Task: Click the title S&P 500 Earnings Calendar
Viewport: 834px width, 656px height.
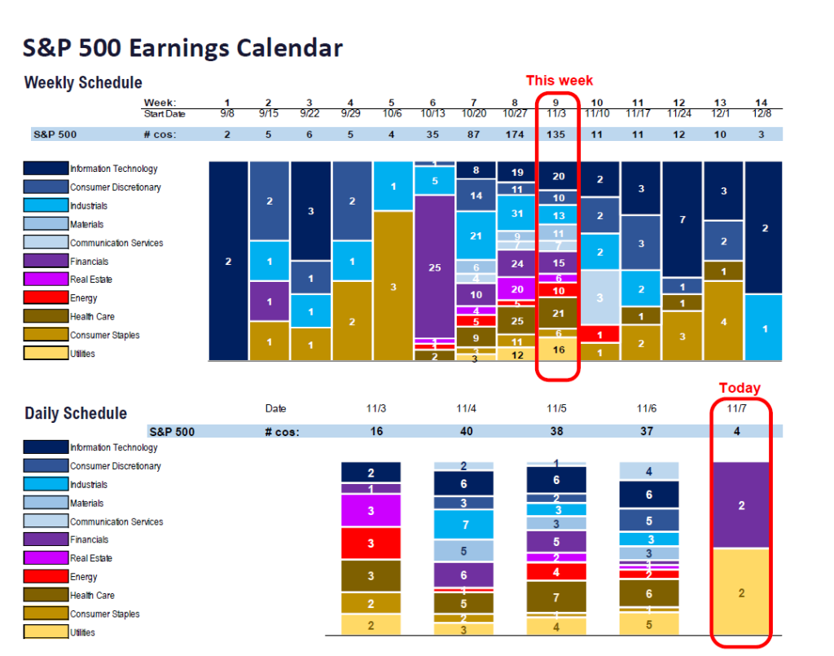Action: coord(182,48)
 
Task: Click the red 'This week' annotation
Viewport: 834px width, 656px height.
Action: coord(559,80)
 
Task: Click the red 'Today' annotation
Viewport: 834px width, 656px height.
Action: coord(739,388)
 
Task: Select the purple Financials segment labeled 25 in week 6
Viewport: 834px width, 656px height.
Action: coord(435,266)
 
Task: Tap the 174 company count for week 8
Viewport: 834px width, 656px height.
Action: coord(516,134)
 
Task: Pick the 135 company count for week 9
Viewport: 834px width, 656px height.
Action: coord(558,134)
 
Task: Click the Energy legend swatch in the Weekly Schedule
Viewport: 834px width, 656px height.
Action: coord(45,298)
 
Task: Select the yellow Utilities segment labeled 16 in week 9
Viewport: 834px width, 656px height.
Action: coord(558,348)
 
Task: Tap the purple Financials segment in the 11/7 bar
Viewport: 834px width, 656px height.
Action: coord(740,505)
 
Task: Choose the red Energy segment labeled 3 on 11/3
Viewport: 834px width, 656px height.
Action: coord(371,543)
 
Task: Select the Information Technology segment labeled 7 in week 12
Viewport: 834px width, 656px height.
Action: coord(682,219)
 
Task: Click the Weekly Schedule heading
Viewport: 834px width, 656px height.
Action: coord(83,83)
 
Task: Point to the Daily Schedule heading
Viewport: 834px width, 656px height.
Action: coord(76,413)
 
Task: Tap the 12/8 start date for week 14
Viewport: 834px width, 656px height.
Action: coord(762,113)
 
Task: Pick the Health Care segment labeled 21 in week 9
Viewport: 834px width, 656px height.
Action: coord(558,313)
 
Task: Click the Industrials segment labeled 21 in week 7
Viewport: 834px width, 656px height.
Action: coord(476,236)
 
